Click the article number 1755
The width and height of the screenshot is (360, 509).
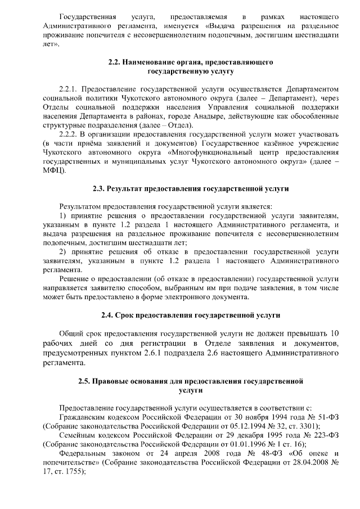72,470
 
